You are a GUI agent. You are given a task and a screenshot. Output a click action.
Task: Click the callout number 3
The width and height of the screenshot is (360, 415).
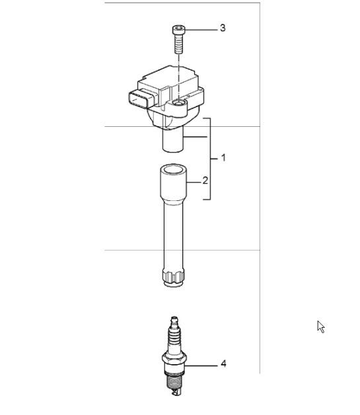tap(223, 28)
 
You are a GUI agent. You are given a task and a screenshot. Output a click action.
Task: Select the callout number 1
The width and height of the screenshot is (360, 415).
tap(223, 158)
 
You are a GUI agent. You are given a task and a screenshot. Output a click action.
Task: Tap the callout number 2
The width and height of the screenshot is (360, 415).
tap(205, 180)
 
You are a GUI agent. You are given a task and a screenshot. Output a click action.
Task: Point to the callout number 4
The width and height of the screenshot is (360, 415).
tap(223, 364)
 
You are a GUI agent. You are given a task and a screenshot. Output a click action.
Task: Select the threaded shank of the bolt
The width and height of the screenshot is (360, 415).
tap(178, 45)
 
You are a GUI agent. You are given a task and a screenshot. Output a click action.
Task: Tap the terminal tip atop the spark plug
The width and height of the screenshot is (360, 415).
tap(174, 322)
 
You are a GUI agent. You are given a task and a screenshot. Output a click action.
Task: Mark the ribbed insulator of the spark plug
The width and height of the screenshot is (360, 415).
tap(174, 340)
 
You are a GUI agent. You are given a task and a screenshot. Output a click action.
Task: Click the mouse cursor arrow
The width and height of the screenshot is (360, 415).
tap(320, 326)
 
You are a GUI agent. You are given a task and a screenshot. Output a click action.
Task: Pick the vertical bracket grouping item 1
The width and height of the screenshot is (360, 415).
tap(211, 159)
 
